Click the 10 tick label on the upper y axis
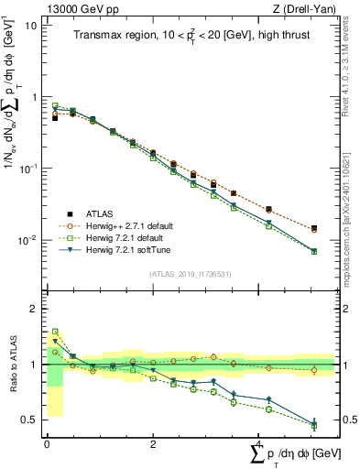(31, 25)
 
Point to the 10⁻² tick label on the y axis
(27, 240)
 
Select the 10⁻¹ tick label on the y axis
(27, 169)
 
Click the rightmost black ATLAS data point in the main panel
(314, 228)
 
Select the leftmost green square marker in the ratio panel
(55, 332)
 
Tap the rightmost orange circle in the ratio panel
(314, 370)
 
